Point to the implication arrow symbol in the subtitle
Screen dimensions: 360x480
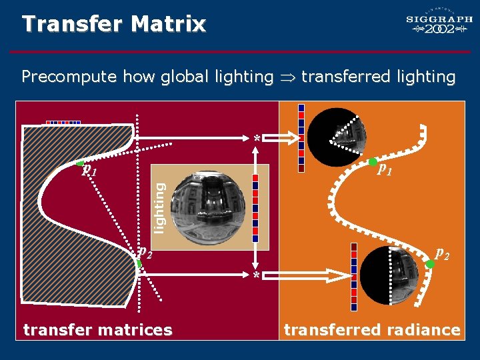[x=287, y=77]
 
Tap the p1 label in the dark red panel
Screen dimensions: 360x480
[x=89, y=171]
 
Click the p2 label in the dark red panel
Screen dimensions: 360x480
[x=145, y=251]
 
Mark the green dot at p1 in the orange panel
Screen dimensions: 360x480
[x=373, y=161]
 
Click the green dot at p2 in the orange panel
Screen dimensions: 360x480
[x=430, y=264]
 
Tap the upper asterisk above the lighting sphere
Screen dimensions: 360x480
[x=257, y=139]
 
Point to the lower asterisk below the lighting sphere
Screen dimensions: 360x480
[x=256, y=275]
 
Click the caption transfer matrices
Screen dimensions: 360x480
[x=97, y=329]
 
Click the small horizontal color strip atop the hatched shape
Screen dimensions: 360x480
[x=63, y=123]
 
